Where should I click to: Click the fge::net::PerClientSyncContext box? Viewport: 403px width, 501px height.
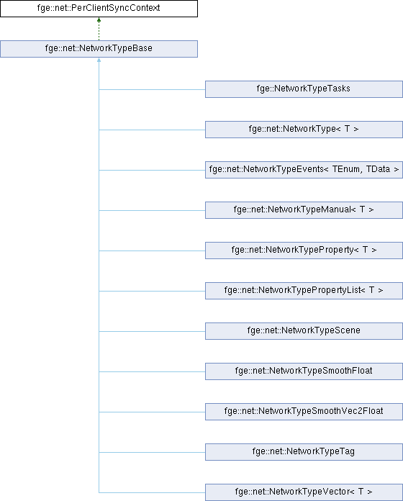(99, 9)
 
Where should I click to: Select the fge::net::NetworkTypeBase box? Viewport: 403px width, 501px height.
(99, 49)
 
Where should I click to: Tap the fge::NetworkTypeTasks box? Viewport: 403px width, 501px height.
(304, 89)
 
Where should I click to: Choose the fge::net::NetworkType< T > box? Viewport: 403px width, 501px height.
(304, 130)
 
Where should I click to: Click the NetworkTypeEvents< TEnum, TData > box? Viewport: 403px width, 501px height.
(304, 170)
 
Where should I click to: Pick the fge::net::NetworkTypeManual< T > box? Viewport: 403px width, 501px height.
(304, 210)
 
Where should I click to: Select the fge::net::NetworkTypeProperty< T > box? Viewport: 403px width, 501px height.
(304, 250)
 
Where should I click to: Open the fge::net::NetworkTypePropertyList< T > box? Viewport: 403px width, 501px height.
(304, 290)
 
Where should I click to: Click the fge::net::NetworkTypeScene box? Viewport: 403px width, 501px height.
(304, 330)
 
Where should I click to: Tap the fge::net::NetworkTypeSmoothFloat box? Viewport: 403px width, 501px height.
(304, 371)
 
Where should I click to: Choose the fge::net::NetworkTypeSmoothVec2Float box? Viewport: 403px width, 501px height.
(304, 411)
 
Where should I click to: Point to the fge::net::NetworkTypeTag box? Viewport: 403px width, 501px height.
(304, 451)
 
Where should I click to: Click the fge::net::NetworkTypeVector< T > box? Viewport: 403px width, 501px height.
(304, 492)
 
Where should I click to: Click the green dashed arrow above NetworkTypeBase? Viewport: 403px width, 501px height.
(99, 29)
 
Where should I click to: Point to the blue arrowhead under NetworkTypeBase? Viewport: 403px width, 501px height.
(99, 60)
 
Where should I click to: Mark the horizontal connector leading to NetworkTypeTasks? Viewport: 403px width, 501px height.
(152, 89)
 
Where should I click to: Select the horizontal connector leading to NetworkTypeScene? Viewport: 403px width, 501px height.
(152, 331)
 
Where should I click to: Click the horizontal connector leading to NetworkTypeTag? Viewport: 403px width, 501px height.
(152, 452)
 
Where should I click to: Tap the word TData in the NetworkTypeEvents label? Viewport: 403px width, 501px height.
(378, 169)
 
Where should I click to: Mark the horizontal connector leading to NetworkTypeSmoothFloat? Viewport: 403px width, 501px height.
(152, 371)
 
